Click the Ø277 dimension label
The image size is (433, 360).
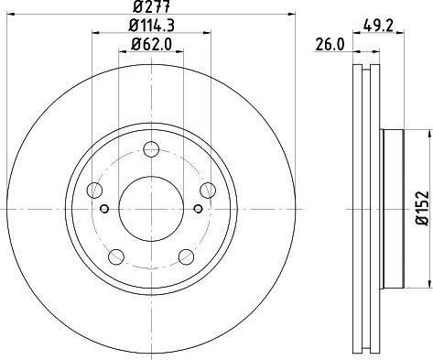(x=151, y=6)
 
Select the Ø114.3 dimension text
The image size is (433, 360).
(x=151, y=26)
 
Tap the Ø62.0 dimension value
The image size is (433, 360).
(x=151, y=45)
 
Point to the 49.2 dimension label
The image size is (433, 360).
(x=378, y=26)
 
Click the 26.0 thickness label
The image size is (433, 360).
(x=330, y=45)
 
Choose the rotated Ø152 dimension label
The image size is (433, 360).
(x=424, y=208)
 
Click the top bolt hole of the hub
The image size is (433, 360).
(x=151, y=149)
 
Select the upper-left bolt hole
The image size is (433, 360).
(x=94, y=190)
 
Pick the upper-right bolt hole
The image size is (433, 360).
(x=208, y=190)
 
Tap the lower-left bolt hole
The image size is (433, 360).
(x=116, y=256)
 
